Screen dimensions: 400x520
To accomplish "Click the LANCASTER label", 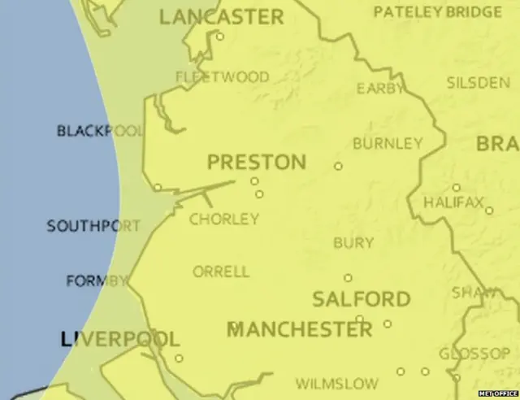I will click(221, 16).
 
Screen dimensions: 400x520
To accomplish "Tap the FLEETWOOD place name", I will click(223, 77).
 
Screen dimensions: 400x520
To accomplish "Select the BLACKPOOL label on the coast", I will click(100, 131).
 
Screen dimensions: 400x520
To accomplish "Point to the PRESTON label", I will click(257, 162).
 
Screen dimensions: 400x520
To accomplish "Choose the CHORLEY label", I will click(224, 219).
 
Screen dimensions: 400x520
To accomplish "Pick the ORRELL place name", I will click(221, 272).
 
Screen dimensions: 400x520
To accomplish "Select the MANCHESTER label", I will click(299, 329).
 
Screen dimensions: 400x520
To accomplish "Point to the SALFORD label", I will click(362, 299).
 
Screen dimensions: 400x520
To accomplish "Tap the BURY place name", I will click(353, 242).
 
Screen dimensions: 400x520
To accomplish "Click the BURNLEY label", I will click(388, 144).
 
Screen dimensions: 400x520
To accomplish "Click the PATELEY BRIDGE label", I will click(438, 12).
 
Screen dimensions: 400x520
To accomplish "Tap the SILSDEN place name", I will click(478, 83).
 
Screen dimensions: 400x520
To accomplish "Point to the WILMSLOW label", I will click(336, 383).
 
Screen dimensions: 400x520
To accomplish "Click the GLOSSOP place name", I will click(474, 354).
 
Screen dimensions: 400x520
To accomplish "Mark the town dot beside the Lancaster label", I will click(219, 37).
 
